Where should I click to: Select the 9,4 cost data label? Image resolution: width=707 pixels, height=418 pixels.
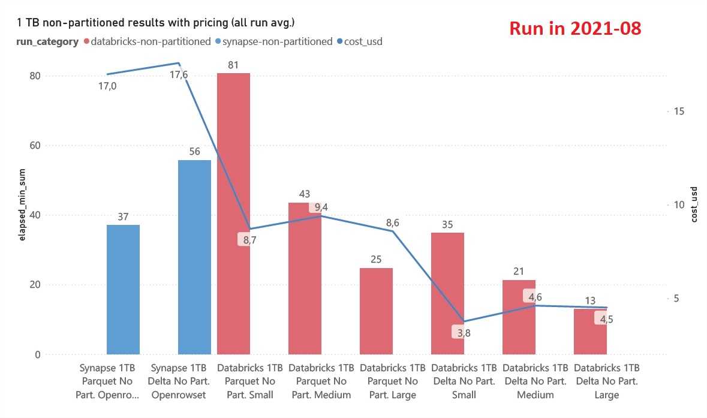click(x=321, y=208)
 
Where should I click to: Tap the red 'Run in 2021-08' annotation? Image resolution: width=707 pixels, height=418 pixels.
click(x=575, y=28)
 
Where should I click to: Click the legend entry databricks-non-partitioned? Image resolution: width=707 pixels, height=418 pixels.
click(x=151, y=41)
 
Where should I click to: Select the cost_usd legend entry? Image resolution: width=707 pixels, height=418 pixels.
click(x=360, y=41)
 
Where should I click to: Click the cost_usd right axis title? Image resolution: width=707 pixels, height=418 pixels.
click(x=694, y=204)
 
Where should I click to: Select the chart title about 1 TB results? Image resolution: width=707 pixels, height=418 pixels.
click(x=155, y=23)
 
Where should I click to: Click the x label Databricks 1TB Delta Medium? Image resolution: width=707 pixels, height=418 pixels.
click(x=535, y=381)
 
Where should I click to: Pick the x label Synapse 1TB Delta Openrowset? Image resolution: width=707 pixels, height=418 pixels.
click(x=179, y=381)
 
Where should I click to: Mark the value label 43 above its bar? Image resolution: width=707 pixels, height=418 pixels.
click(x=305, y=194)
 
